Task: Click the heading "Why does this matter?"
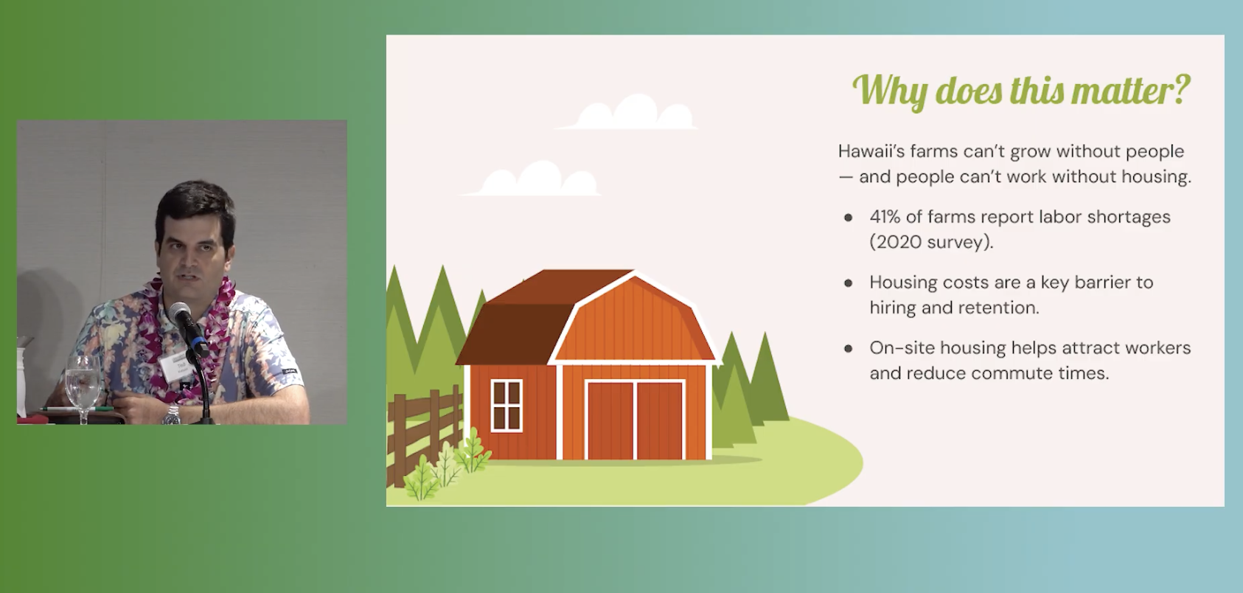[x=1021, y=91]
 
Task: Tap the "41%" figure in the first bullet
[x=885, y=217]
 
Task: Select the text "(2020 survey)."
[x=931, y=243]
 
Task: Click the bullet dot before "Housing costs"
[x=848, y=283]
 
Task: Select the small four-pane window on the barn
[x=506, y=406]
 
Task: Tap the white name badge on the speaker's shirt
[x=178, y=367]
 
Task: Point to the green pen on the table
[x=77, y=409]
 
